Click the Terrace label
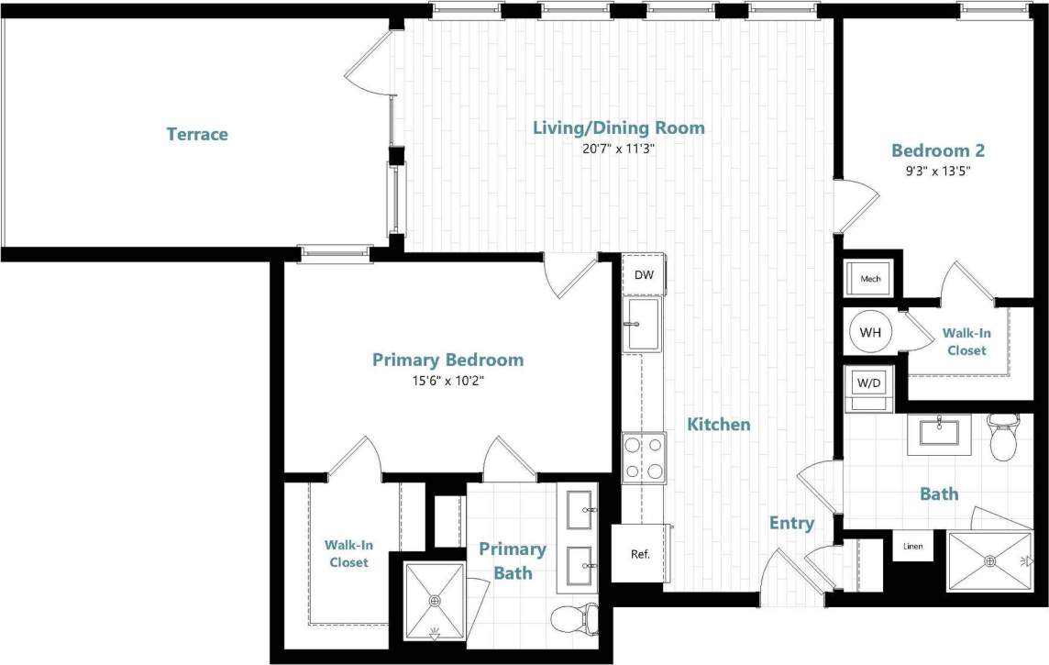coord(197,135)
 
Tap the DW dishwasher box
coord(644,275)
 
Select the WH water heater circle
coord(869,332)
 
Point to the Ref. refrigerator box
coord(640,553)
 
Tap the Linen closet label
coord(913,547)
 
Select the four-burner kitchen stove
coord(644,457)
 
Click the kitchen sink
coord(643,324)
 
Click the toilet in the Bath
coord(1003,437)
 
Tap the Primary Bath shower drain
coord(436,601)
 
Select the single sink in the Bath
coord(939,431)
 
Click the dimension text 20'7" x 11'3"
coord(619,149)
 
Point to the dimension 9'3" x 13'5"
coord(938,171)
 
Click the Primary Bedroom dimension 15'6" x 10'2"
coord(447,381)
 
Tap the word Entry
coord(791,524)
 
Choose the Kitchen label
coord(719,425)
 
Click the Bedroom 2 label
coord(938,150)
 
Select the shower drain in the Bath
coord(989,560)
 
